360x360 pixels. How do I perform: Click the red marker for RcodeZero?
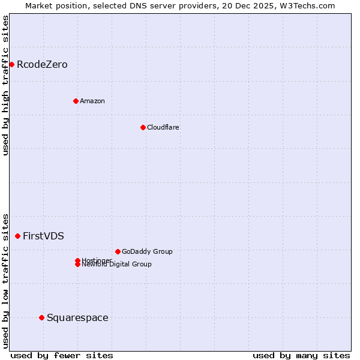pyautogui.click(x=11, y=64)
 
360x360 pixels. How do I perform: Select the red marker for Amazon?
pyautogui.click(x=76, y=101)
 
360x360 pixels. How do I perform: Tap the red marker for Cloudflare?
pyautogui.click(x=143, y=127)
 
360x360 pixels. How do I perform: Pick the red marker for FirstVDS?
pyautogui.click(x=17, y=236)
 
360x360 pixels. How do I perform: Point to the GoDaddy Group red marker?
pyautogui.click(x=118, y=251)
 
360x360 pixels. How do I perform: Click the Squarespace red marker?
pyautogui.click(x=41, y=317)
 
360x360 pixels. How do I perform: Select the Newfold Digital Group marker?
pyautogui.click(x=77, y=265)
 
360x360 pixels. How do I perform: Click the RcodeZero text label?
pyautogui.click(x=42, y=64)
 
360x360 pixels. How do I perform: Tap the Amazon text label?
pyautogui.click(x=92, y=101)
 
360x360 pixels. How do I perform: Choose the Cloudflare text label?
pyautogui.click(x=163, y=127)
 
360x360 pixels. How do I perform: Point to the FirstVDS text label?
pyautogui.click(x=43, y=236)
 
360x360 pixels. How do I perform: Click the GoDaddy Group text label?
pyautogui.click(x=146, y=251)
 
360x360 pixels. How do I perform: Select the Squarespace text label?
pyautogui.click(x=77, y=317)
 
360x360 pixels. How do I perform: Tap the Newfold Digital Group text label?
pyautogui.click(x=116, y=265)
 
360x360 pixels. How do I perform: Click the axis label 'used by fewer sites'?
pyautogui.click(x=62, y=355)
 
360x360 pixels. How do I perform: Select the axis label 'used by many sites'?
pyautogui.click(x=301, y=355)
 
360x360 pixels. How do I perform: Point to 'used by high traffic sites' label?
pyautogui.click(x=5, y=85)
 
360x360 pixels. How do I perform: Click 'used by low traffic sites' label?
pyautogui.click(x=5, y=280)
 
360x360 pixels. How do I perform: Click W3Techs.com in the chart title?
pyautogui.click(x=308, y=5)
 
